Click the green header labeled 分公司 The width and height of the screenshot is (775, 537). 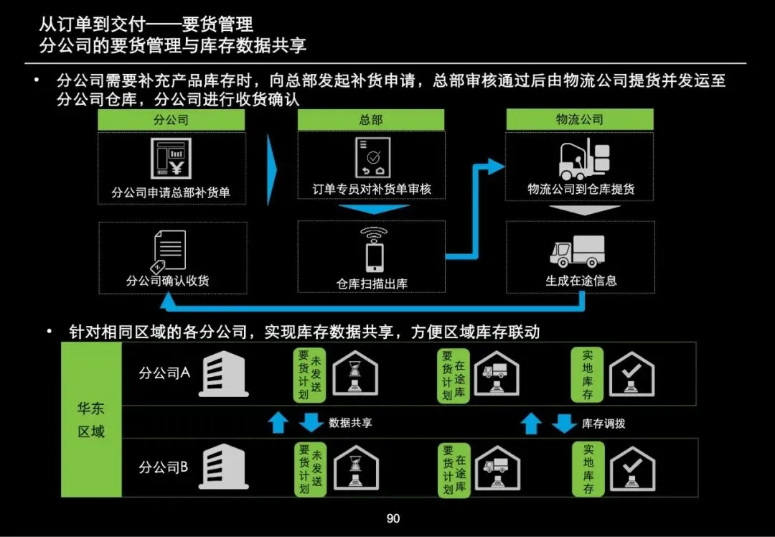172,120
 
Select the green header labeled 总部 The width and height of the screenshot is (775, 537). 371,120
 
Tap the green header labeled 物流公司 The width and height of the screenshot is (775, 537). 579,120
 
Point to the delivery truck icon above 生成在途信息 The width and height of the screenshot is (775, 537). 578,251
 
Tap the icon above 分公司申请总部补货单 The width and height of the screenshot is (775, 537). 171,159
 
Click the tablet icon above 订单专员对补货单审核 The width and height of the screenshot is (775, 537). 372,158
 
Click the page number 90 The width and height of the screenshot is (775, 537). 393,518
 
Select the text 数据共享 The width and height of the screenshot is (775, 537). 351,423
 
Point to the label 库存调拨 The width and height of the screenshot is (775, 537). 603,424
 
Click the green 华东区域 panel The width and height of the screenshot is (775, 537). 91,420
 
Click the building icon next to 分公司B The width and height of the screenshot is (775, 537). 223,467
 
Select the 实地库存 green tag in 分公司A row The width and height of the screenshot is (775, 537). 588,375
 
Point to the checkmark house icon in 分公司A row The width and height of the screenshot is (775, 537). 631,374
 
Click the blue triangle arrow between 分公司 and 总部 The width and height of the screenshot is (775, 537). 271,169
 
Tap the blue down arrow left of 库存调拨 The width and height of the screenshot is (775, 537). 565,424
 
